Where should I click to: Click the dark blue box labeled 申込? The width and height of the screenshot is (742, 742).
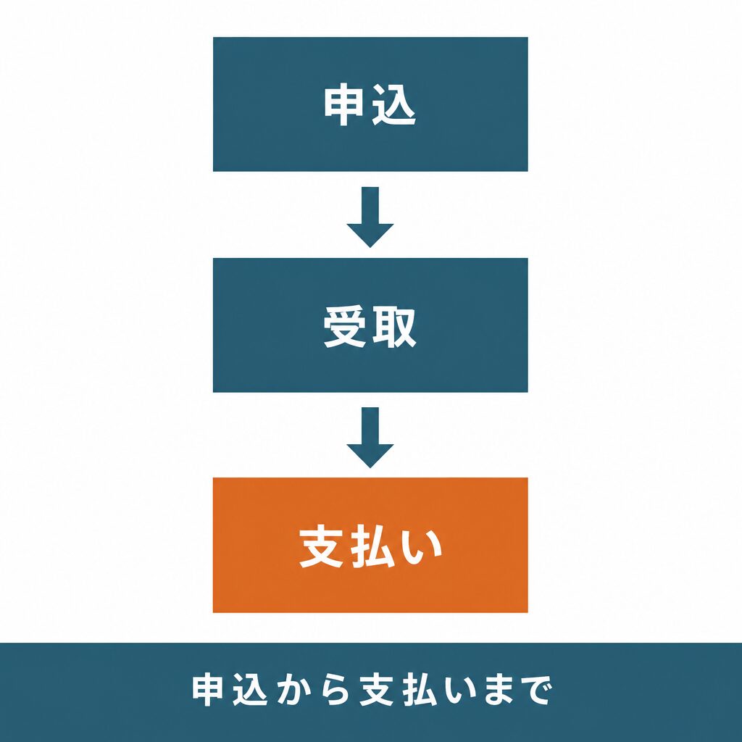[x=370, y=104]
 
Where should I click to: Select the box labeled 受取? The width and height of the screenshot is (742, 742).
[x=370, y=325]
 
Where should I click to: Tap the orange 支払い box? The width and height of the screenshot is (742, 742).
[x=370, y=545]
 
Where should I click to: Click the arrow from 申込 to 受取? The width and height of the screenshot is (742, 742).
[x=370, y=217]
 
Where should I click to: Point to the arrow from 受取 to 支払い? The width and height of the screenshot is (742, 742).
[x=370, y=438]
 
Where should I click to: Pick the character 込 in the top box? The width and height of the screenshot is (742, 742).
[x=393, y=105]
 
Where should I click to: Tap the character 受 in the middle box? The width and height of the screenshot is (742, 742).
[x=344, y=327]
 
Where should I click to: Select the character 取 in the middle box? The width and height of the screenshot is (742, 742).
[x=394, y=327]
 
